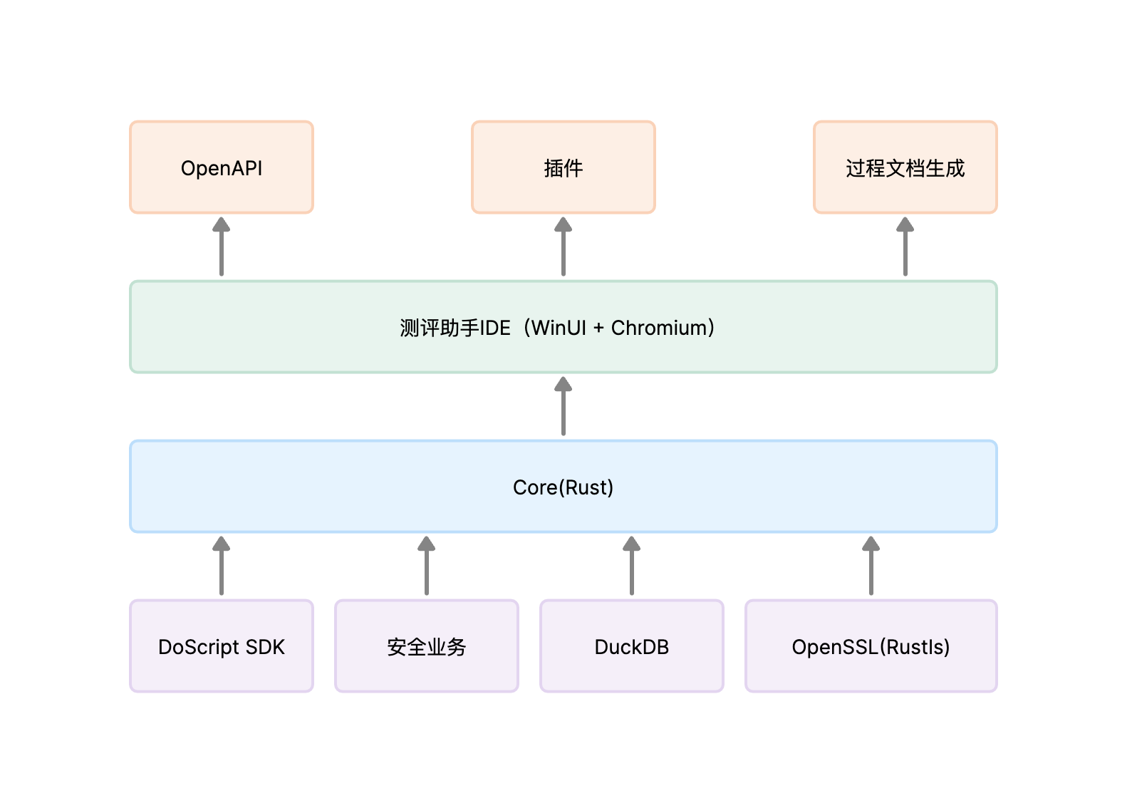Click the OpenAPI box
(x=222, y=167)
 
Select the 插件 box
(x=563, y=167)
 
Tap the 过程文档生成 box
(x=905, y=167)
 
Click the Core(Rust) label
(x=563, y=487)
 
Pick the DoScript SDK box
(x=222, y=646)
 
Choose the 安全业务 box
(x=427, y=646)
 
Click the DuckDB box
(x=632, y=646)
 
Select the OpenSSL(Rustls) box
(x=871, y=646)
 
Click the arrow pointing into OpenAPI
(x=222, y=247)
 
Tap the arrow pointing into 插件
(x=563, y=247)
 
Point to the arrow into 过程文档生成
(x=905, y=247)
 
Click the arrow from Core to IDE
(x=563, y=406)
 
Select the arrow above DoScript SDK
(x=222, y=566)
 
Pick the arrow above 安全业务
(x=427, y=566)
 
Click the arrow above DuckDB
(x=632, y=566)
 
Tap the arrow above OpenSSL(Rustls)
(x=871, y=566)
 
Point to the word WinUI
(x=559, y=328)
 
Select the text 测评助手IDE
(x=455, y=328)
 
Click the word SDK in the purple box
(x=264, y=647)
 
